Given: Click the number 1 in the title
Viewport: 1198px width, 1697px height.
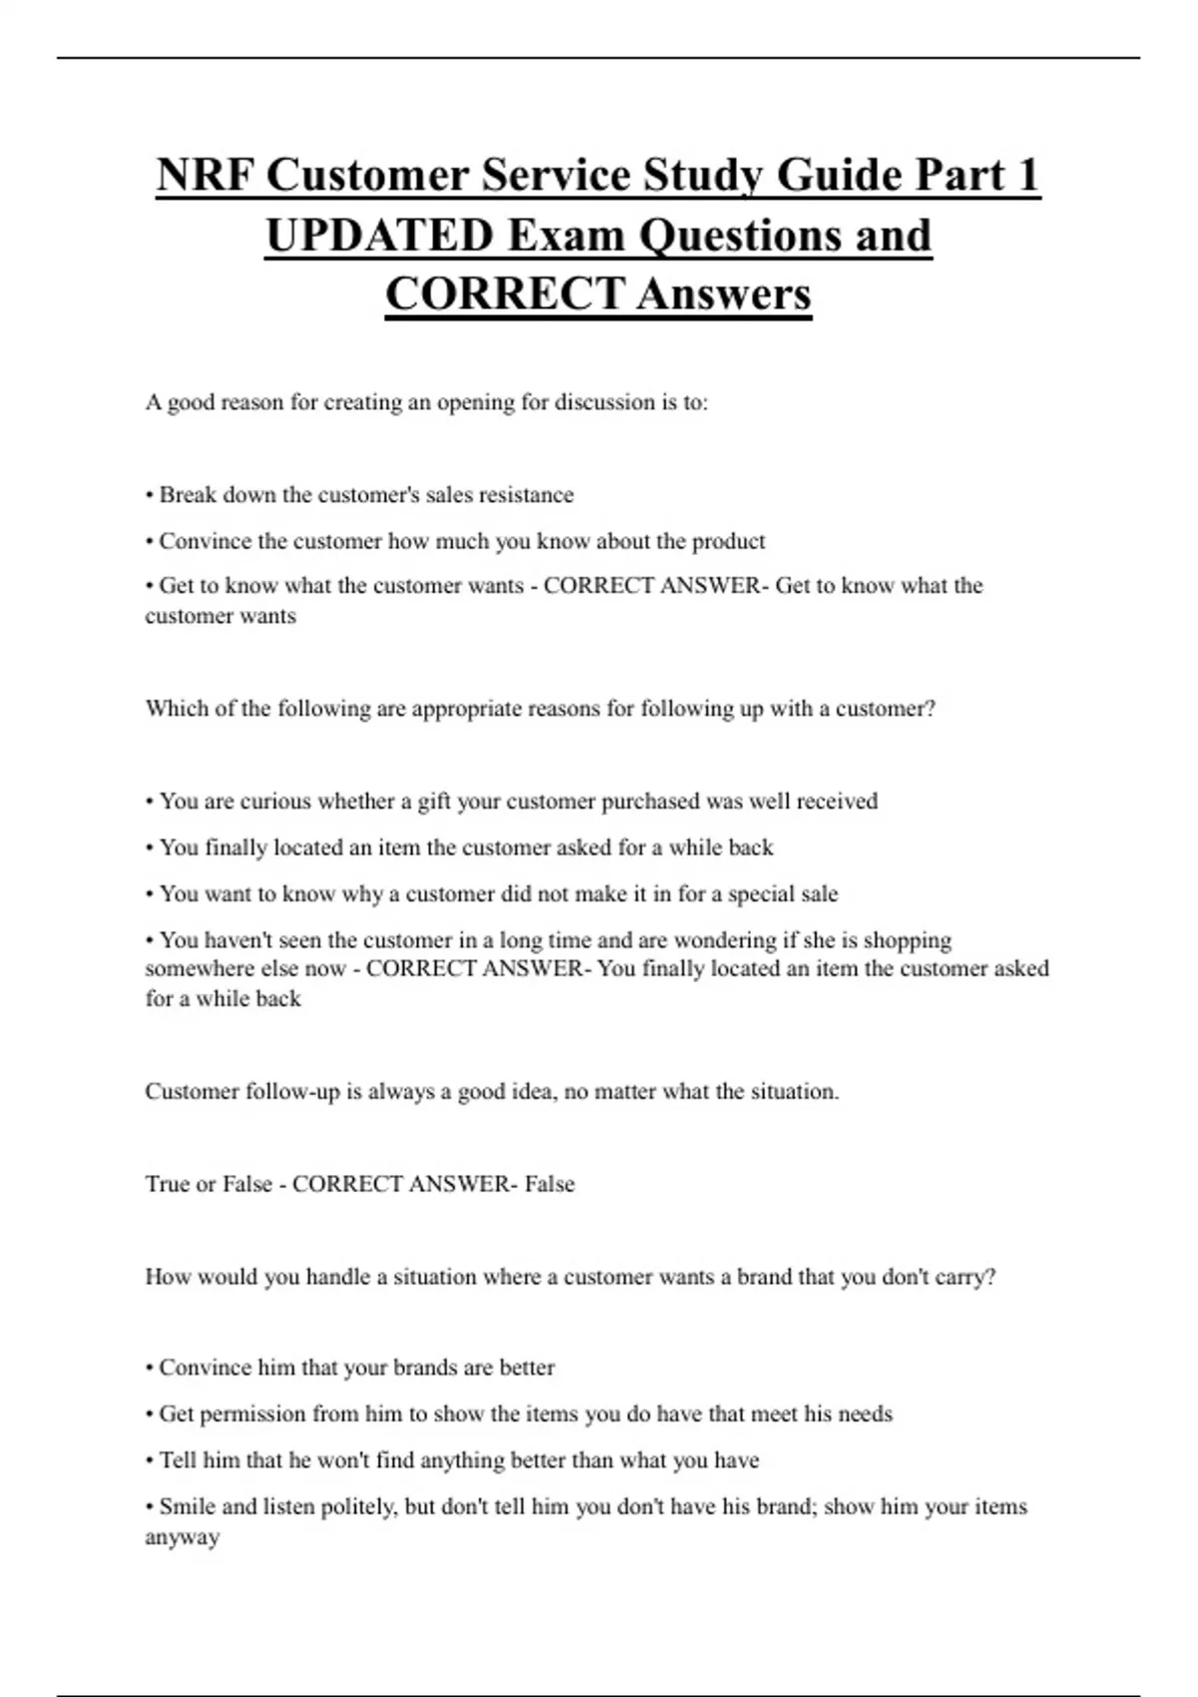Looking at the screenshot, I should coord(1025,176).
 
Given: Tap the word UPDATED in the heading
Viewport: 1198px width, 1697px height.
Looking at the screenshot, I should coord(379,236).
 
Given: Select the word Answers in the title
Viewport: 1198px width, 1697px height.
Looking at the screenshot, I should coord(724,294).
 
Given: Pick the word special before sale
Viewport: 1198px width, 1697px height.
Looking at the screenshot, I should coord(761,893).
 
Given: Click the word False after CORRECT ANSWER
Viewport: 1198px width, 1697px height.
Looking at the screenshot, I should coord(550,1184).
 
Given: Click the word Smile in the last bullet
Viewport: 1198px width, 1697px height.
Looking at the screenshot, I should coord(188,1506).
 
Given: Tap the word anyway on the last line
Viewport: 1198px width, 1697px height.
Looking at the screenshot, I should coord(183,1537).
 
